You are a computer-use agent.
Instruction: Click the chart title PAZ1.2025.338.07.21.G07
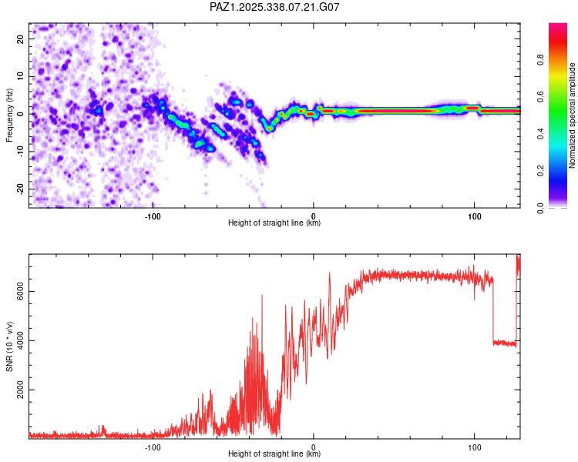click(x=275, y=7)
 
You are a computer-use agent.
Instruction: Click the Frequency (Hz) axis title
click(x=9, y=115)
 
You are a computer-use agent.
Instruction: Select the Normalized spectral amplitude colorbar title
click(x=572, y=115)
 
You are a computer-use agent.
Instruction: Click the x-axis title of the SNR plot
click(x=274, y=454)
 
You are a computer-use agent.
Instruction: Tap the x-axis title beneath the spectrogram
click(x=274, y=223)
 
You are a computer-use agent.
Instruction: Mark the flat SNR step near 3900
click(x=504, y=343)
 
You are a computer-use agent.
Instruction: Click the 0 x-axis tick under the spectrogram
click(x=314, y=216)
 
